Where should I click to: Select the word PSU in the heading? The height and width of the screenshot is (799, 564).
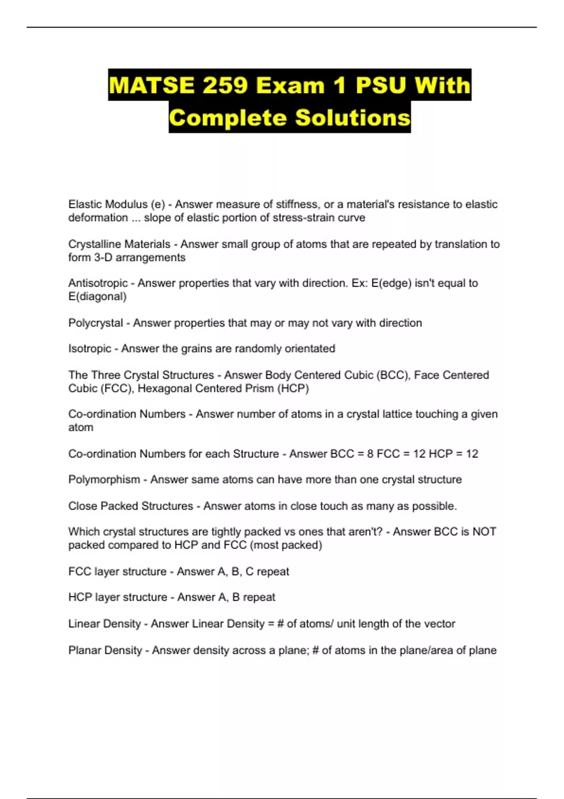click(x=381, y=85)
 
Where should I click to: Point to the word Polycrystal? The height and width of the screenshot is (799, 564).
click(x=95, y=323)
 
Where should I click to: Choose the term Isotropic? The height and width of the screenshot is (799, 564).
click(x=90, y=349)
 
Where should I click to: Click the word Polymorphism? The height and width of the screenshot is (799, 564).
click(x=104, y=480)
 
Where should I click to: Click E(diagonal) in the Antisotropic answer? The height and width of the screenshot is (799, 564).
click(x=97, y=297)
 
